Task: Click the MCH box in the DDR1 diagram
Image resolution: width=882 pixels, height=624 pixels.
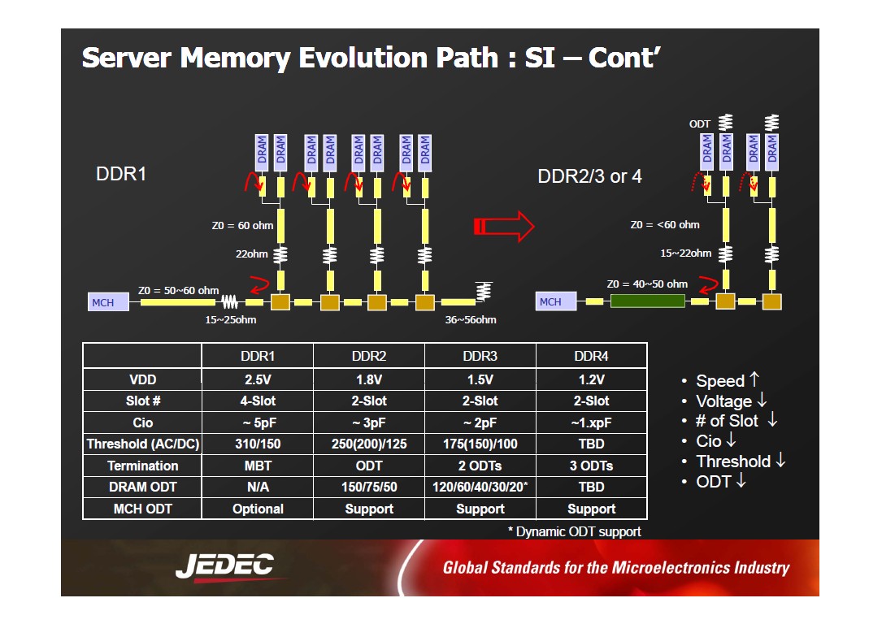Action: tap(108, 302)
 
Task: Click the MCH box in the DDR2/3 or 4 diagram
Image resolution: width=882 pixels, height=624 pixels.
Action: tap(556, 301)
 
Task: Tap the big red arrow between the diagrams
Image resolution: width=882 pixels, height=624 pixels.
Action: tap(503, 227)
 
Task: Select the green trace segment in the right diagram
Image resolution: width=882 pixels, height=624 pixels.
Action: tap(647, 301)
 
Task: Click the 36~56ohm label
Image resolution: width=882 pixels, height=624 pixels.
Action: tap(471, 320)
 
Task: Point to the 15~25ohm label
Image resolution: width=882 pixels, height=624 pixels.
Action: tap(231, 320)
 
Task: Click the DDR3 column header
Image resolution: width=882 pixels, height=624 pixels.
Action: tap(480, 356)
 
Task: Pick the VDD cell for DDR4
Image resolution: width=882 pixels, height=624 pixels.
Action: tap(592, 379)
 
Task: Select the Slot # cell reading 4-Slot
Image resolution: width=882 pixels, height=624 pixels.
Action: tap(258, 401)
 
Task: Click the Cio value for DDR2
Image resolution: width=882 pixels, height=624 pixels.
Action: tap(369, 422)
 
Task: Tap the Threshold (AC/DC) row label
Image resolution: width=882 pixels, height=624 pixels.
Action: tap(143, 444)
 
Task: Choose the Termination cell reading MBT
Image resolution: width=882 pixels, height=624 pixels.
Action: tap(258, 466)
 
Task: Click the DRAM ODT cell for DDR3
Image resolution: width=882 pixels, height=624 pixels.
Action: tap(480, 487)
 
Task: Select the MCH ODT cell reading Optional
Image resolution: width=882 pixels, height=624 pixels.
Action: tap(258, 509)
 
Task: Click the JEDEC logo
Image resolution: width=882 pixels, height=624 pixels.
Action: tap(225, 566)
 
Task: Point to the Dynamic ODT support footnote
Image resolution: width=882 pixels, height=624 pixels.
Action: tap(574, 532)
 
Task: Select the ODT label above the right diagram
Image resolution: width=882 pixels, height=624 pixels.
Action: tap(700, 123)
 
